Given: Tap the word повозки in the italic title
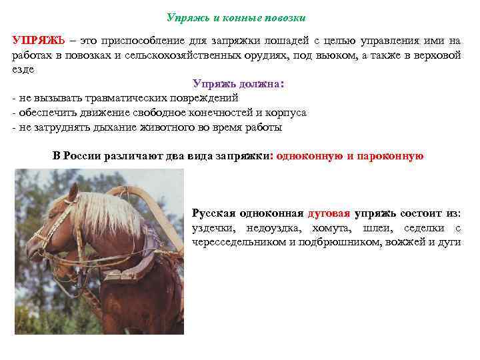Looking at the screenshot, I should coord(284,17).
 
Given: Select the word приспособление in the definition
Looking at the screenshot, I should coord(145,41).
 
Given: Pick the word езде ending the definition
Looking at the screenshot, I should coord(23,69).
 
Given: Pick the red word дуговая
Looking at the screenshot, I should coord(329,213).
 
